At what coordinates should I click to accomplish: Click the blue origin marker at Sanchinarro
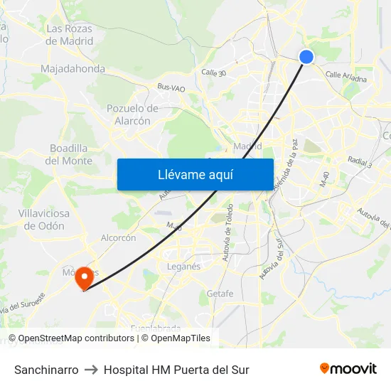[x=306, y=57]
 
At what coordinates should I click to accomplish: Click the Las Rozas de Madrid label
[x=70, y=35]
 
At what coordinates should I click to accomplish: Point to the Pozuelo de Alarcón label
[x=132, y=114]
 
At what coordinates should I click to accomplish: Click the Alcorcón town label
[x=119, y=238]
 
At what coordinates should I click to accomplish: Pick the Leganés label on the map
[x=183, y=266]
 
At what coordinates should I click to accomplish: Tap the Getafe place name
[x=220, y=294]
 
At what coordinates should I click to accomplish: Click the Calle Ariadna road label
[x=346, y=77]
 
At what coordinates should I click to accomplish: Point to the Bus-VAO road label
[x=171, y=87]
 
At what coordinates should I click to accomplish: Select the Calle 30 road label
[x=213, y=73]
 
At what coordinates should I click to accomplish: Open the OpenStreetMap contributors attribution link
[x=75, y=338]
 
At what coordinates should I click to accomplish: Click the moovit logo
[x=348, y=368]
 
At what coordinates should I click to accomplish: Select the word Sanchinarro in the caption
[x=46, y=370]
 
